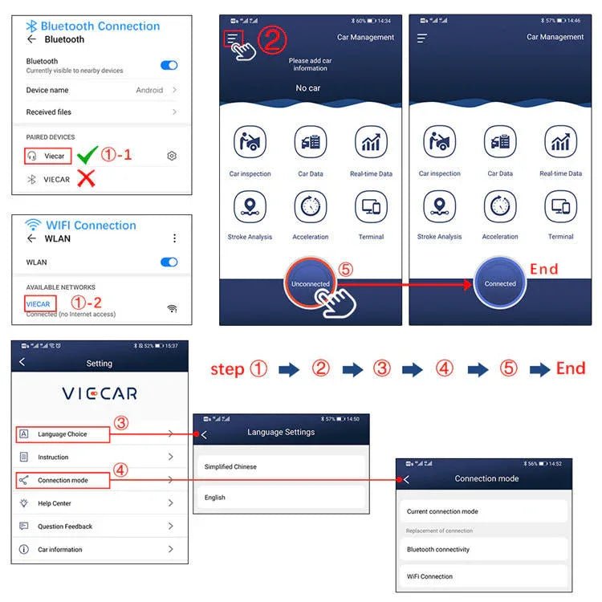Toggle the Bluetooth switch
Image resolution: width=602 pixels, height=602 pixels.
click(169, 65)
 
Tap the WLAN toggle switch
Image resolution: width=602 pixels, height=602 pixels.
click(169, 262)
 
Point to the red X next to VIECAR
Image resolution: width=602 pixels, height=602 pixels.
click(86, 179)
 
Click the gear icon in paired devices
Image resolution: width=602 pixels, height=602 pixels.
click(171, 156)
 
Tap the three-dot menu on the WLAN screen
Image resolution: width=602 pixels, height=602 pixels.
click(174, 238)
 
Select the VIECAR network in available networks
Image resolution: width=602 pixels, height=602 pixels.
click(39, 304)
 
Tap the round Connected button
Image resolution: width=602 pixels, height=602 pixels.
click(500, 283)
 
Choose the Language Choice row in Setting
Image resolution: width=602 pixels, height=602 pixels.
click(63, 434)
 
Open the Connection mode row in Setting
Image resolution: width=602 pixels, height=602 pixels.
click(63, 480)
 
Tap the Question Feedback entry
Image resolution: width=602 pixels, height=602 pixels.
click(64, 527)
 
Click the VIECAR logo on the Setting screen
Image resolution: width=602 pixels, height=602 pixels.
click(100, 393)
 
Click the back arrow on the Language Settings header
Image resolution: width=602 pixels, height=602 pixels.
click(204, 434)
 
